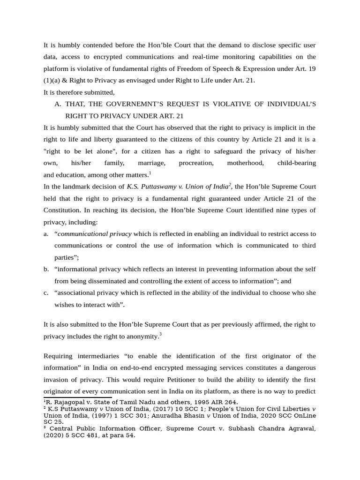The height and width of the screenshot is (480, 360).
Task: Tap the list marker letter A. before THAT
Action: click(x=58, y=104)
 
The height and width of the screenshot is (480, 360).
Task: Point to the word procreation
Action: click(x=196, y=163)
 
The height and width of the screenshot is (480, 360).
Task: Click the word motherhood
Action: click(x=245, y=163)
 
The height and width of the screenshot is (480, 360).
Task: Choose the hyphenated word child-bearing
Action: click(x=296, y=163)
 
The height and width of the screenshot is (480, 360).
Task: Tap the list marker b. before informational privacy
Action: click(x=46, y=269)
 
